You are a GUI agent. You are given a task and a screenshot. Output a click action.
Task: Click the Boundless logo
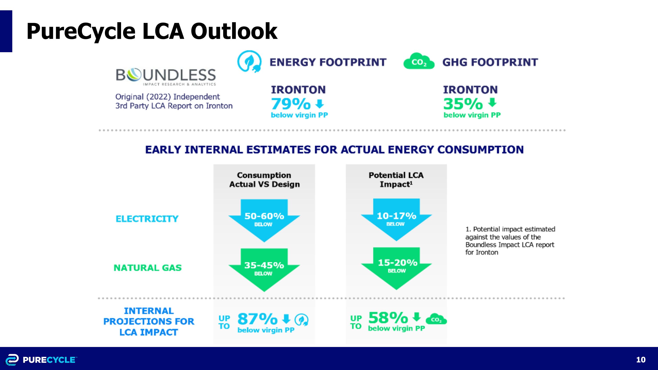click(x=166, y=76)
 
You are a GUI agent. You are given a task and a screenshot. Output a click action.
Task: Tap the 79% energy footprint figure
click(x=291, y=104)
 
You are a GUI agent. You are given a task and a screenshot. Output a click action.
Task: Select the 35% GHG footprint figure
click(x=463, y=104)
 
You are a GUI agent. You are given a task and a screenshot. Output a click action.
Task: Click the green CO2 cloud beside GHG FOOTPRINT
click(x=419, y=62)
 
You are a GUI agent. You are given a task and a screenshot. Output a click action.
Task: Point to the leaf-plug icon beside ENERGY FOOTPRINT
click(x=249, y=62)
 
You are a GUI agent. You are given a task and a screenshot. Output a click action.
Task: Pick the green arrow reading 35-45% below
click(x=264, y=269)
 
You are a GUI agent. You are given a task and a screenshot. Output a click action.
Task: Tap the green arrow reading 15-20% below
click(x=396, y=267)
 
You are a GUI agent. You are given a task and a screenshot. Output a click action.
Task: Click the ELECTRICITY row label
click(x=147, y=219)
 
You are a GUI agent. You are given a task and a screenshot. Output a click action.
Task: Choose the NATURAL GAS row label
click(x=147, y=268)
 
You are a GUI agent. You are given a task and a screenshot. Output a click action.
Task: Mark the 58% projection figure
click(x=388, y=318)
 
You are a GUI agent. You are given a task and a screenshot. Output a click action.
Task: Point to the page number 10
click(x=641, y=360)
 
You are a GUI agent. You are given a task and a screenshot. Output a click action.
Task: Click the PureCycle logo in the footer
click(x=41, y=360)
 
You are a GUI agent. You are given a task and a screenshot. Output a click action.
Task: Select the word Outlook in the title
click(x=234, y=31)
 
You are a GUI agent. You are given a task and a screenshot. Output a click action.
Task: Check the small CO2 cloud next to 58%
click(x=436, y=319)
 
